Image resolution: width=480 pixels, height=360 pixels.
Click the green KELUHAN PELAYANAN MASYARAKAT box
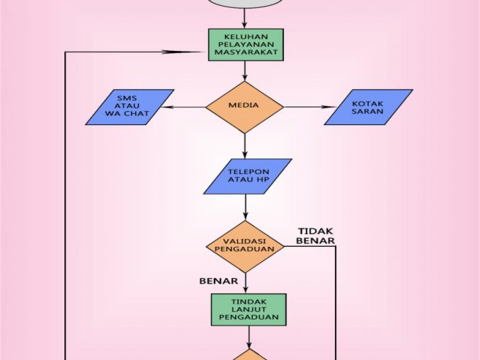click(x=245, y=45)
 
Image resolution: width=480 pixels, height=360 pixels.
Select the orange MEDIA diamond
click(x=244, y=107)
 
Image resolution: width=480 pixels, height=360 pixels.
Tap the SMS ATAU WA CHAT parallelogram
click(x=130, y=107)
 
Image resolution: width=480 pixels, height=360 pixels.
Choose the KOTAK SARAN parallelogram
click(x=368, y=107)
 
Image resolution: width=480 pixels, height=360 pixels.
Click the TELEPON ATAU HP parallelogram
click(x=247, y=176)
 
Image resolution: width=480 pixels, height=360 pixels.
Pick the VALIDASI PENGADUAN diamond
click(x=245, y=246)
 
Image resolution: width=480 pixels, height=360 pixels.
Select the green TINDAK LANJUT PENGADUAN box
click(x=248, y=310)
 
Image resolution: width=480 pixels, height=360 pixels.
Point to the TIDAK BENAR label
click(x=315, y=236)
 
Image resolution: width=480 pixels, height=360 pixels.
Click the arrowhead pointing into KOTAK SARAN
click(x=328, y=108)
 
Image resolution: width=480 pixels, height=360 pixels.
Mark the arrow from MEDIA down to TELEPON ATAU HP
click(x=245, y=145)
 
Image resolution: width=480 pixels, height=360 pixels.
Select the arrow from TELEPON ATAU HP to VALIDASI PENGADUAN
click(x=246, y=207)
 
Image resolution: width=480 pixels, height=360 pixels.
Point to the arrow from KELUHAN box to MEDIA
click(x=245, y=70)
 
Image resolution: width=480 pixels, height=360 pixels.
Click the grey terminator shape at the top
click(x=245, y=6)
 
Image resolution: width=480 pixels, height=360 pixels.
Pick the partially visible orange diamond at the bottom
click(x=248, y=355)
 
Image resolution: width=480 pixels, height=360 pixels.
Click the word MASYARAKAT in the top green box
click(x=245, y=53)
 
